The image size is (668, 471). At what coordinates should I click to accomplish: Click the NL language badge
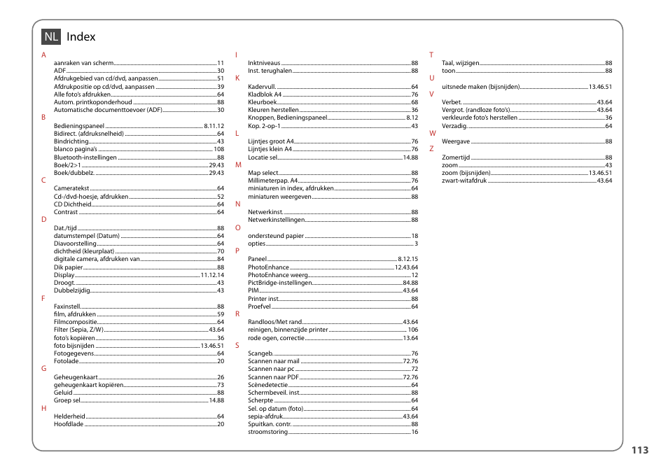click(50, 36)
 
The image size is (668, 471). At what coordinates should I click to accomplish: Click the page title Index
click(81, 36)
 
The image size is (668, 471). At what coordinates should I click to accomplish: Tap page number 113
click(639, 450)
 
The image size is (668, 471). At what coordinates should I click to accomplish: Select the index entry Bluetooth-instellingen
click(85, 157)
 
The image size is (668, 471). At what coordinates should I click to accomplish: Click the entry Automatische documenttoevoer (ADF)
click(109, 110)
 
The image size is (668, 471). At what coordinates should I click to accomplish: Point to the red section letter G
click(43, 368)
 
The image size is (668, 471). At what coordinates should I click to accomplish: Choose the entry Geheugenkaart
click(76, 377)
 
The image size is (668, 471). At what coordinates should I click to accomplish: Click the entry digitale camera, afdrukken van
click(97, 259)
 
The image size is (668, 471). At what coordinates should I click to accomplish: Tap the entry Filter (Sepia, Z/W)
click(78, 330)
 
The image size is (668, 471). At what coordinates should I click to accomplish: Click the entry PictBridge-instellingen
click(279, 283)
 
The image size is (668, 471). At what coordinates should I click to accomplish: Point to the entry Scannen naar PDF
click(268, 377)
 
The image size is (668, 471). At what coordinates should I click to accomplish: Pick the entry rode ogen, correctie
click(276, 338)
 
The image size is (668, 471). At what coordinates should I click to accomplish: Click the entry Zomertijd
click(456, 157)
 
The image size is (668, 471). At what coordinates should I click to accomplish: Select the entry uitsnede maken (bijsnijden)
click(480, 87)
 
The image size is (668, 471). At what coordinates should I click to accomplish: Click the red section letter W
click(432, 133)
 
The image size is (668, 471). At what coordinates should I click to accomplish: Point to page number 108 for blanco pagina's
click(218, 149)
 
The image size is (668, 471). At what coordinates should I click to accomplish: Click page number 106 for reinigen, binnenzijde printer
click(412, 330)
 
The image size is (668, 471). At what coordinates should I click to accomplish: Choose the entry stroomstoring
click(267, 432)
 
